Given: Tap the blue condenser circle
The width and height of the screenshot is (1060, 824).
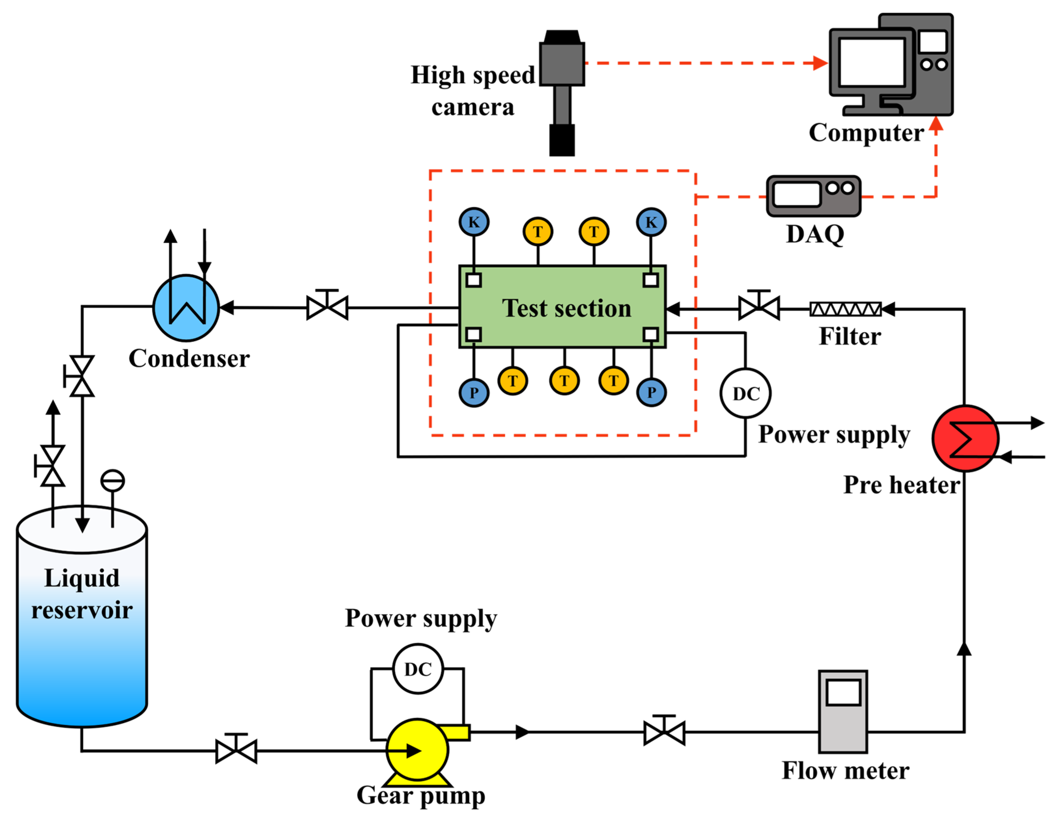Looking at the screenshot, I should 186,308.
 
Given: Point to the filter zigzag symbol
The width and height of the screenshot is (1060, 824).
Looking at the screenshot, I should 845,309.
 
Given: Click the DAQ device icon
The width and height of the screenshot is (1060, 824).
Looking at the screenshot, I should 814,196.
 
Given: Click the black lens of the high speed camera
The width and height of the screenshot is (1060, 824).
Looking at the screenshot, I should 562,140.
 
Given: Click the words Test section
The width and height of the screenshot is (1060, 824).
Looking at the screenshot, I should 566,308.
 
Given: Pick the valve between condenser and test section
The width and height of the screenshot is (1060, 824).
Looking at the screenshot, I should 328,308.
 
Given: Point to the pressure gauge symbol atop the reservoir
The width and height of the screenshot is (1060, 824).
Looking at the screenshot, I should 113,481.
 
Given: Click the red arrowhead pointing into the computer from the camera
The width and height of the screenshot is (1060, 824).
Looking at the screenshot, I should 820,63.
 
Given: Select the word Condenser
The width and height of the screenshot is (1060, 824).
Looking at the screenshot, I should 189,359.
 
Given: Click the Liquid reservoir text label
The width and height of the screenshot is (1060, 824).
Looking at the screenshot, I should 82,594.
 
